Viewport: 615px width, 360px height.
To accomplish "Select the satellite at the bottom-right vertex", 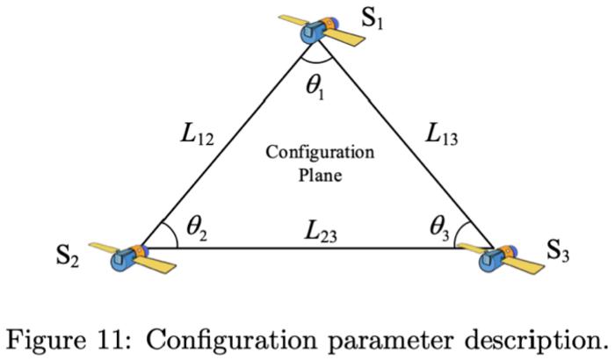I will pos(496,257).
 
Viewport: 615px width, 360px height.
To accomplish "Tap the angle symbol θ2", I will pos(194,227).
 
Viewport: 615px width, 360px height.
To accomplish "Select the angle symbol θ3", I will pos(440,227).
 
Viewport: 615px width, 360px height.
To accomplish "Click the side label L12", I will pos(194,136).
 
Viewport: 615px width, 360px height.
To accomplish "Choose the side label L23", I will pos(318,233).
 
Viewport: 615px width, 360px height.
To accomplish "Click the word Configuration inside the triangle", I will pos(320,153).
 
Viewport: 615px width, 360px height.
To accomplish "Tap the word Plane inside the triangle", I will pos(319,174).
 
